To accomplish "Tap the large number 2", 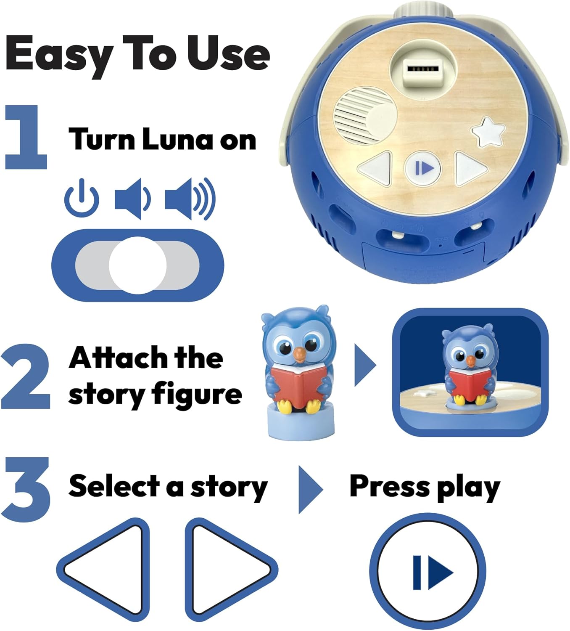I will (26, 376).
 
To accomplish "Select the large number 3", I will (26, 490).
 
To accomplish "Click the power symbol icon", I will (82, 198).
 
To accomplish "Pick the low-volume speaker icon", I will (132, 198).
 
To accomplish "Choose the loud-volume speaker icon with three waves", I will (190, 199).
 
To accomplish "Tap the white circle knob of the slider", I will (138, 265).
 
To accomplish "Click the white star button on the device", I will (488, 132).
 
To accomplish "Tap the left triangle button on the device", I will (376, 168).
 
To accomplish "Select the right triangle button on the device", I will (470, 169).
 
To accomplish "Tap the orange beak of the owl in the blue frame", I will (471, 361).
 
